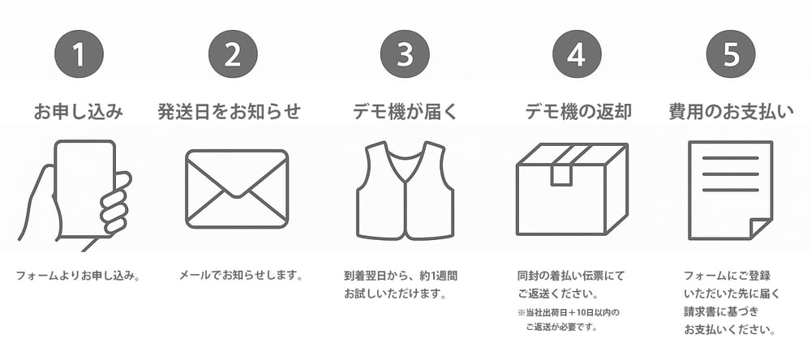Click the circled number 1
point(79,54)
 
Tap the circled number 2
point(233,54)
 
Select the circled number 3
point(405,54)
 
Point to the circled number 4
point(577,54)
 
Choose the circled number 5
point(731,54)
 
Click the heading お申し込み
point(79,112)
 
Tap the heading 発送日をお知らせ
point(230,112)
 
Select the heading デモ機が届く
point(405,112)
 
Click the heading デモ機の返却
point(578,112)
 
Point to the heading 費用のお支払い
point(732,112)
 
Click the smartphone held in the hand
point(85,189)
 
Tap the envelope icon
point(237,189)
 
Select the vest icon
point(405,191)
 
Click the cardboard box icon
point(573,189)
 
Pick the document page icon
point(731,191)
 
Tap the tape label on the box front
point(561,175)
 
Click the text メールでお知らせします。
point(241,275)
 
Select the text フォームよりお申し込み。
point(79,275)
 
